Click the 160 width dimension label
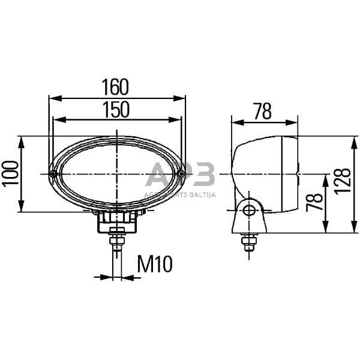115,88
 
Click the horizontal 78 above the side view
262,111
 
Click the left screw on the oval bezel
53,174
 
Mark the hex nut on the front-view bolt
117,241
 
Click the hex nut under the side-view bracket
248,242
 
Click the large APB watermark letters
180,176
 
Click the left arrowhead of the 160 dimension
52,98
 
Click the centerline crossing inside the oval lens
117,174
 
